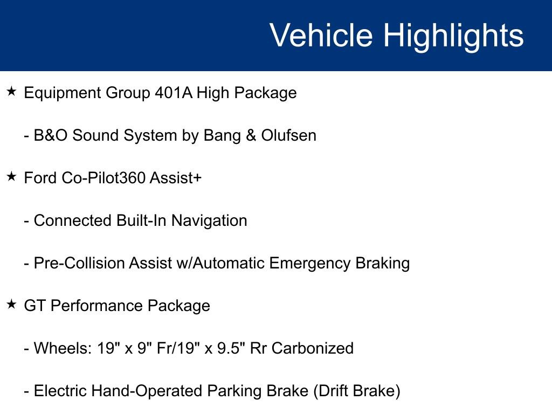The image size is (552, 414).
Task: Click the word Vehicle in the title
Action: pyautogui.click(x=321, y=35)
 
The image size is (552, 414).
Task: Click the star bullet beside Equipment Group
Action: pyautogui.click(x=12, y=92)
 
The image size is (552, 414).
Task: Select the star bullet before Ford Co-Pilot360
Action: pyautogui.click(x=12, y=176)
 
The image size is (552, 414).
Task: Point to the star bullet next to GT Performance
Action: pyautogui.click(x=12, y=304)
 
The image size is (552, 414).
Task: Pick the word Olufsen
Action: pyautogui.click(x=289, y=135)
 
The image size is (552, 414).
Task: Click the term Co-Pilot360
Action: pyautogui.click(x=104, y=178)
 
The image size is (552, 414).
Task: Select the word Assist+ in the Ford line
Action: pyautogui.click(x=176, y=178)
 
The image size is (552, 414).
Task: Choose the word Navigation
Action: pyautogui.click(x=209, y=221)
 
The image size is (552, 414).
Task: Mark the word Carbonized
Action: pyautogui.click(x=313, y=348)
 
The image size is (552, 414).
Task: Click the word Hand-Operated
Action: pyautogui.click(x=147, y=391)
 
